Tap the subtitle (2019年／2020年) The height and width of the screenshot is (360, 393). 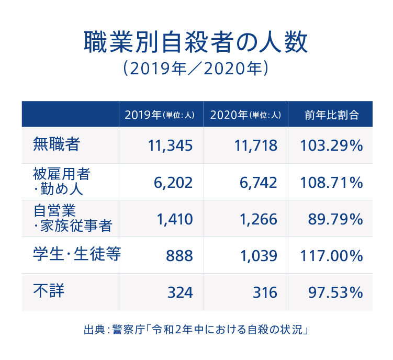click(196, 70)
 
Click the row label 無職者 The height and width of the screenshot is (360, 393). click(57, 144)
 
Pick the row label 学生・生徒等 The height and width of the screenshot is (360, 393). click(76, 255)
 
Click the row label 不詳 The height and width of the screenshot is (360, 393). click(49, 290)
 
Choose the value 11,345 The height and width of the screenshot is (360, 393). click(171, 146)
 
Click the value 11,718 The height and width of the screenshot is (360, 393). click(255, 146)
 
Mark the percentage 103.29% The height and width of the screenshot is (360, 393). click(331, 146)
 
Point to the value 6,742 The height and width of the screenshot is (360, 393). click(258, 183)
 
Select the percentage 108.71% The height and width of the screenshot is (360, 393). click(331, 183)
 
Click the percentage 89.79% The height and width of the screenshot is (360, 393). click(335, 219)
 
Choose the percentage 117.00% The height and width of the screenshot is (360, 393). click(331, 256)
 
